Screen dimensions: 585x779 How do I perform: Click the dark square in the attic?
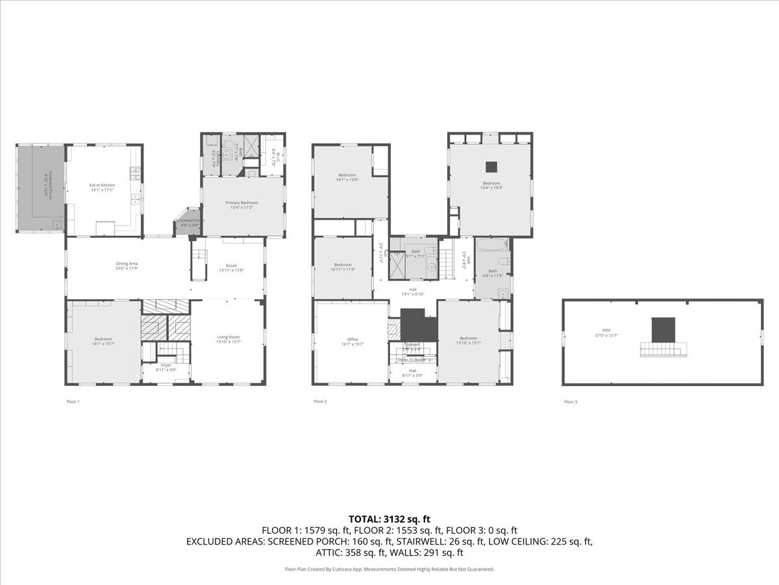[x=663, y=328]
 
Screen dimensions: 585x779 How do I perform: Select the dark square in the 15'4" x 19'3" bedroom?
[x=491, y=166]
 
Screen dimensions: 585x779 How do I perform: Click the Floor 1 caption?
[x=73, y=402]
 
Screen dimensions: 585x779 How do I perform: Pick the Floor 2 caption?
[x=320, y=402]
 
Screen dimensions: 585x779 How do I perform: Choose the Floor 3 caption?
[x=570, y=402]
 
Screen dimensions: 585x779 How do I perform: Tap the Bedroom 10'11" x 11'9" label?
[x=343, y=266]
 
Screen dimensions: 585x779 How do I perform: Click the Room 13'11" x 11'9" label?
[x=231, y=267]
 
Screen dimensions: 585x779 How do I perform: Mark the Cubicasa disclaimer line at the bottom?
[x=389, y=569]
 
